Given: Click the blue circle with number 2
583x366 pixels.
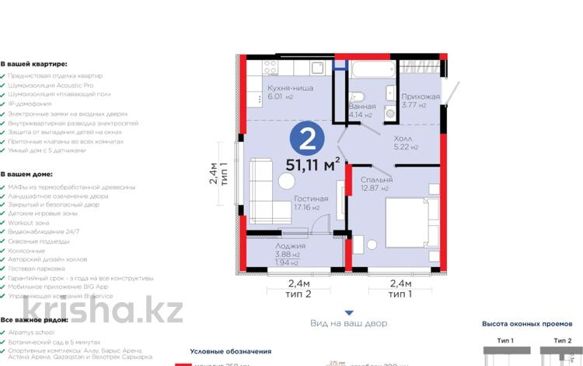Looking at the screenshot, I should [308, 139].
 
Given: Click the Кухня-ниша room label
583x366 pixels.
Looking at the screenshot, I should [289, 89].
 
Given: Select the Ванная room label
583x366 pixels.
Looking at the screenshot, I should [362, 107].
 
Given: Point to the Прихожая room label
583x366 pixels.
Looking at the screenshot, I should [420, 97].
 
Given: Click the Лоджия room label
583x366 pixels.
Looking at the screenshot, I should [289, 245].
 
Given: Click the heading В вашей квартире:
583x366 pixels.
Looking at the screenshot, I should [33, 64].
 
